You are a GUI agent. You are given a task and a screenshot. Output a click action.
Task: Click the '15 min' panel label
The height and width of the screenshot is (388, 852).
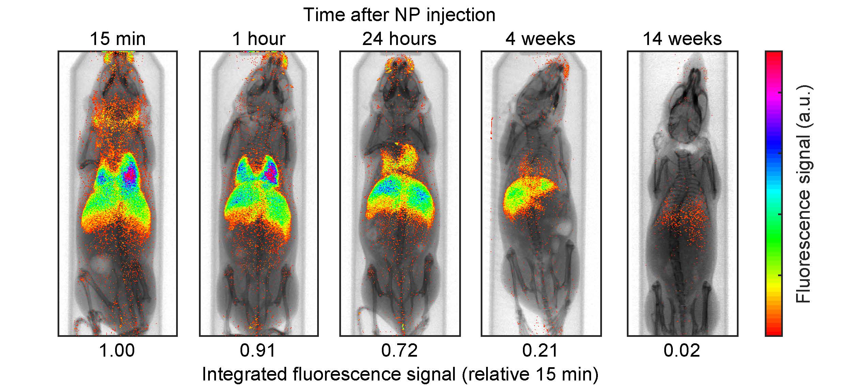pyautogui.click(x=118, y=39)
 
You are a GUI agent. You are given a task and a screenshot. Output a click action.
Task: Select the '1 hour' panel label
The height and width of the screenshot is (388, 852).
pyautogui.click(x=259, y=39)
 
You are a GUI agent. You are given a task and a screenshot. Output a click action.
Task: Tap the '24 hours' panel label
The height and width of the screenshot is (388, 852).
pyautogui.click(x=399, y=39)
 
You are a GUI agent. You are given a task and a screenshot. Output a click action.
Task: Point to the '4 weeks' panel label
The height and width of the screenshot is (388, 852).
pyautogui.click(x=540, y=39)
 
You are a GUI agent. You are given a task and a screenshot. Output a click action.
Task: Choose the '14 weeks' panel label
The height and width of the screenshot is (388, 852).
pyautogui.click(x=682, y=39)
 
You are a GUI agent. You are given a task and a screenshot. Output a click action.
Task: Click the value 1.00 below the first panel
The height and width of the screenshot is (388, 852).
pyautogui.click(x=117, y=350)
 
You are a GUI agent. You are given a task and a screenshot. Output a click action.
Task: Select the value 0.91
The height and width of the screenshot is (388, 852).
pyautogui.click(x=258, y=350)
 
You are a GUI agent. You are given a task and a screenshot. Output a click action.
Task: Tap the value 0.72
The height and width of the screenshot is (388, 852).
pyautogui.click(x=399, y=350)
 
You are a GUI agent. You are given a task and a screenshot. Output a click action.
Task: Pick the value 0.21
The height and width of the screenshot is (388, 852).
pyautogui.click(x=540, y=350)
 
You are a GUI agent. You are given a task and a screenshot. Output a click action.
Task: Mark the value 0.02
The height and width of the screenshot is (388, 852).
pyautogui.click(x=682, y=350)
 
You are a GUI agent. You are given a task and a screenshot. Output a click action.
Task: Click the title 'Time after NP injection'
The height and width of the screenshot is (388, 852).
pyautogui.click(x=399, y=15)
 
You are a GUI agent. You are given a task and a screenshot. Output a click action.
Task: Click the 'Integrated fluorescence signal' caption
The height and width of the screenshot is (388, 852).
pyautogui.click(x=400, y=374)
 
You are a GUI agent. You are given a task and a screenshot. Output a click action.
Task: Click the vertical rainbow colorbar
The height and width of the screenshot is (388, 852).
pyautogui.click(x=773, y=194)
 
